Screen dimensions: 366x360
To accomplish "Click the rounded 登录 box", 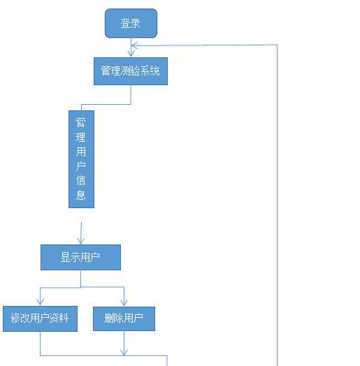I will tap(131, 23).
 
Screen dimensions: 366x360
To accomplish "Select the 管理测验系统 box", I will tap(131, 71).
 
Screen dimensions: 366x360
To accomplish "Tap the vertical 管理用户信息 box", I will tap(81, 159).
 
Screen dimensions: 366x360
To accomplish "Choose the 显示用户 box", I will tap(80, 257).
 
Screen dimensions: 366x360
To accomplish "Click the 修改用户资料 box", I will tap(40, 319).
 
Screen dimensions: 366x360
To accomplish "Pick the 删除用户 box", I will tap(124, 319).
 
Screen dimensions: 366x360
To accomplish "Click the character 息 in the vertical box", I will tap(81, 195).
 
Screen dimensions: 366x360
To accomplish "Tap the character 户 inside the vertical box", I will tap(81, 166).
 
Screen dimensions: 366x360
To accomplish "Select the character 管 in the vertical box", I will tap(81, 122).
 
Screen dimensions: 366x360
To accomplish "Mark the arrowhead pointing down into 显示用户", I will tap(80, 240).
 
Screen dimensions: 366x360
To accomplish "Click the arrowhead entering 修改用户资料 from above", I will tap(40, 302).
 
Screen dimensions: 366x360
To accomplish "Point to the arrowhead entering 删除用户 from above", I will tap(124, 302).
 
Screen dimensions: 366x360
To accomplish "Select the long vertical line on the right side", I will tap(278, 210).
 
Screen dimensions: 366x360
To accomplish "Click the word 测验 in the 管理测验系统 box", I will tap(130, 71).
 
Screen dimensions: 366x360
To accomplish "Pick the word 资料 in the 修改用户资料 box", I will tap(59, 319).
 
